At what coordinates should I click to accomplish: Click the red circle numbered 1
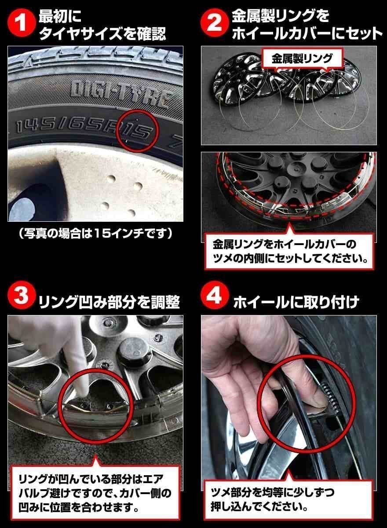(x=21, y=25)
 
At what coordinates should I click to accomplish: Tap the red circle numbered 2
(x=214, y=25)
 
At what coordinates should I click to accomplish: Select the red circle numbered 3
(x=21, y=301)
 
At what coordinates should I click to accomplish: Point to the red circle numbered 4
(x=214, y=301)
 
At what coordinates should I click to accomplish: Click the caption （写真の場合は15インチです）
(x=95, y=233)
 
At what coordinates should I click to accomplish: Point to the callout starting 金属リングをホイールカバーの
(x=290, y=251)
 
